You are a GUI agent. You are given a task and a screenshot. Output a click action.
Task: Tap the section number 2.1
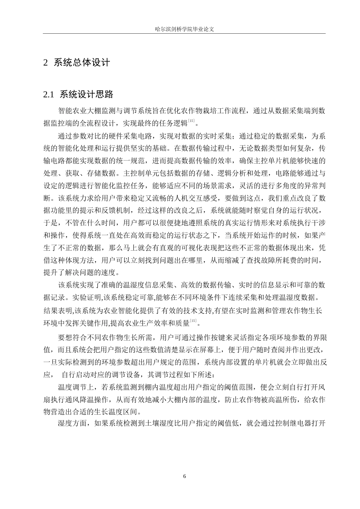tap(49, 94)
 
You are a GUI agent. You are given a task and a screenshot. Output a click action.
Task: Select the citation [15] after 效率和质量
tap(193, 322)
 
